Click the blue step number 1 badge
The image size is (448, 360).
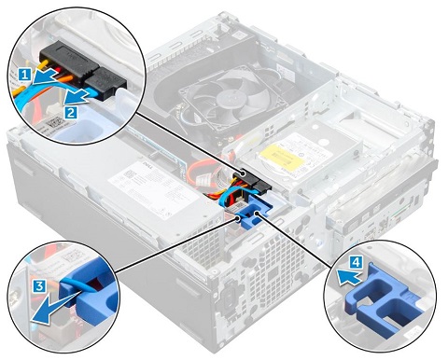coord(25,75)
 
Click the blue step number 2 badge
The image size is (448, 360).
coord(71,112)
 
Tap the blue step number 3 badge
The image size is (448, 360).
coord(39,286)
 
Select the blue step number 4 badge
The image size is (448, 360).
coord(357,263)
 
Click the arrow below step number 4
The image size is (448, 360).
coord(349,277)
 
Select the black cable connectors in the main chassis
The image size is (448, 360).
coord(253,181)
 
